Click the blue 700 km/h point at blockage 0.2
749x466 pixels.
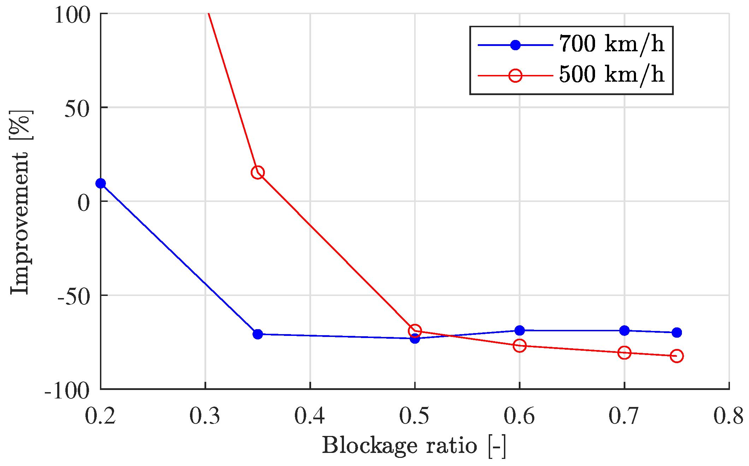101,183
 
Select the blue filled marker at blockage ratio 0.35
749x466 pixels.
258,334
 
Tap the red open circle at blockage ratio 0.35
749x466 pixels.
258,173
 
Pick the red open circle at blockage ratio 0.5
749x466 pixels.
415,331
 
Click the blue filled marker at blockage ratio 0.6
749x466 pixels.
519,331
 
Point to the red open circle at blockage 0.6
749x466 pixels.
519,345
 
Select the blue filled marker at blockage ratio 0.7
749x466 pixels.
624,331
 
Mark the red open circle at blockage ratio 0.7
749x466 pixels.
624,353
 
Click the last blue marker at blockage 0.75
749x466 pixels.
677,332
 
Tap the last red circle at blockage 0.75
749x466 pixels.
677,356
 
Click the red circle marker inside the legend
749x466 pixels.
516,75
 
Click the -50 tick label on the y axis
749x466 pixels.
73,296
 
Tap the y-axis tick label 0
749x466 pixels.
84,203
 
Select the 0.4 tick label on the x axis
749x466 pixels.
310,416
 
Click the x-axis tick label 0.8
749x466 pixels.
729,416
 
